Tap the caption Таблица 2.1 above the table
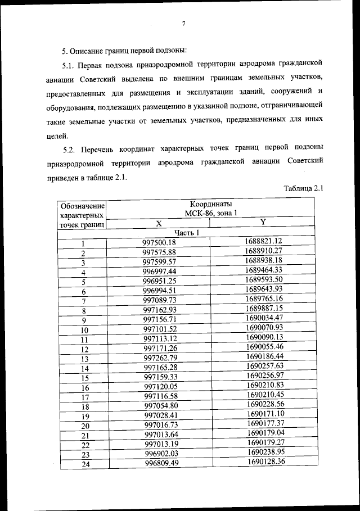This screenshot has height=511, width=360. (304, 188)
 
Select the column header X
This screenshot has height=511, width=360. (159, 223)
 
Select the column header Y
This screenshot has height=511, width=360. (263, 222)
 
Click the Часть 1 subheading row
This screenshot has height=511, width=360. (187, 233)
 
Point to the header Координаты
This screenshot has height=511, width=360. (210, 204)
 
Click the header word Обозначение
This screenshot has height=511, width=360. (82, 205)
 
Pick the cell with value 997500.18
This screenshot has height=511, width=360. (159, 242)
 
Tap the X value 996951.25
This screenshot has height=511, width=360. (160, 281)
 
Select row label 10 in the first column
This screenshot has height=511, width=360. (84, 330)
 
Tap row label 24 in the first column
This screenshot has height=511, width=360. (85, 464)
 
